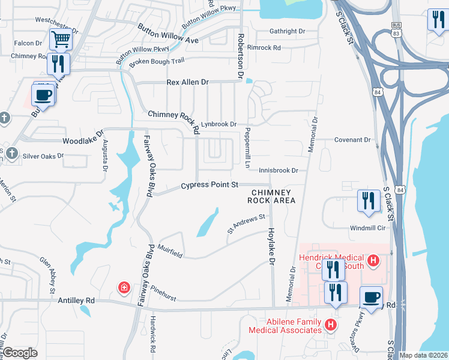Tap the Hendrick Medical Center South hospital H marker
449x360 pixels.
(x=373, y=260)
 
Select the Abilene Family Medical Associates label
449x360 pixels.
(x=286, y=325)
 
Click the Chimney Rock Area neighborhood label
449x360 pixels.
(x=272, y=196)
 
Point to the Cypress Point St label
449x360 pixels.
(x=210, y=185)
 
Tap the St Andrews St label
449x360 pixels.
(x=246, y=223)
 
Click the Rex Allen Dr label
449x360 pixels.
(x=187, y=82)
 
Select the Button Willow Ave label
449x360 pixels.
(x=167, y=35)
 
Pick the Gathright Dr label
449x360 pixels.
(x=288, y=31)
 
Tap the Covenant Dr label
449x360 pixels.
(x=353, y=140)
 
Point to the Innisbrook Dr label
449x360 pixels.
(x=279, y=171)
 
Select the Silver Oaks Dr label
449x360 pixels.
(x=43, y=156)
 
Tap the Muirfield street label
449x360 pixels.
(x=170, y=251)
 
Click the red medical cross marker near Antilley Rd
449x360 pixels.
(x=124, y=288)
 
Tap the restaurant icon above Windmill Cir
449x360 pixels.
(x=368, y=200)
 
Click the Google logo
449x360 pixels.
(x=20, y=353)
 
